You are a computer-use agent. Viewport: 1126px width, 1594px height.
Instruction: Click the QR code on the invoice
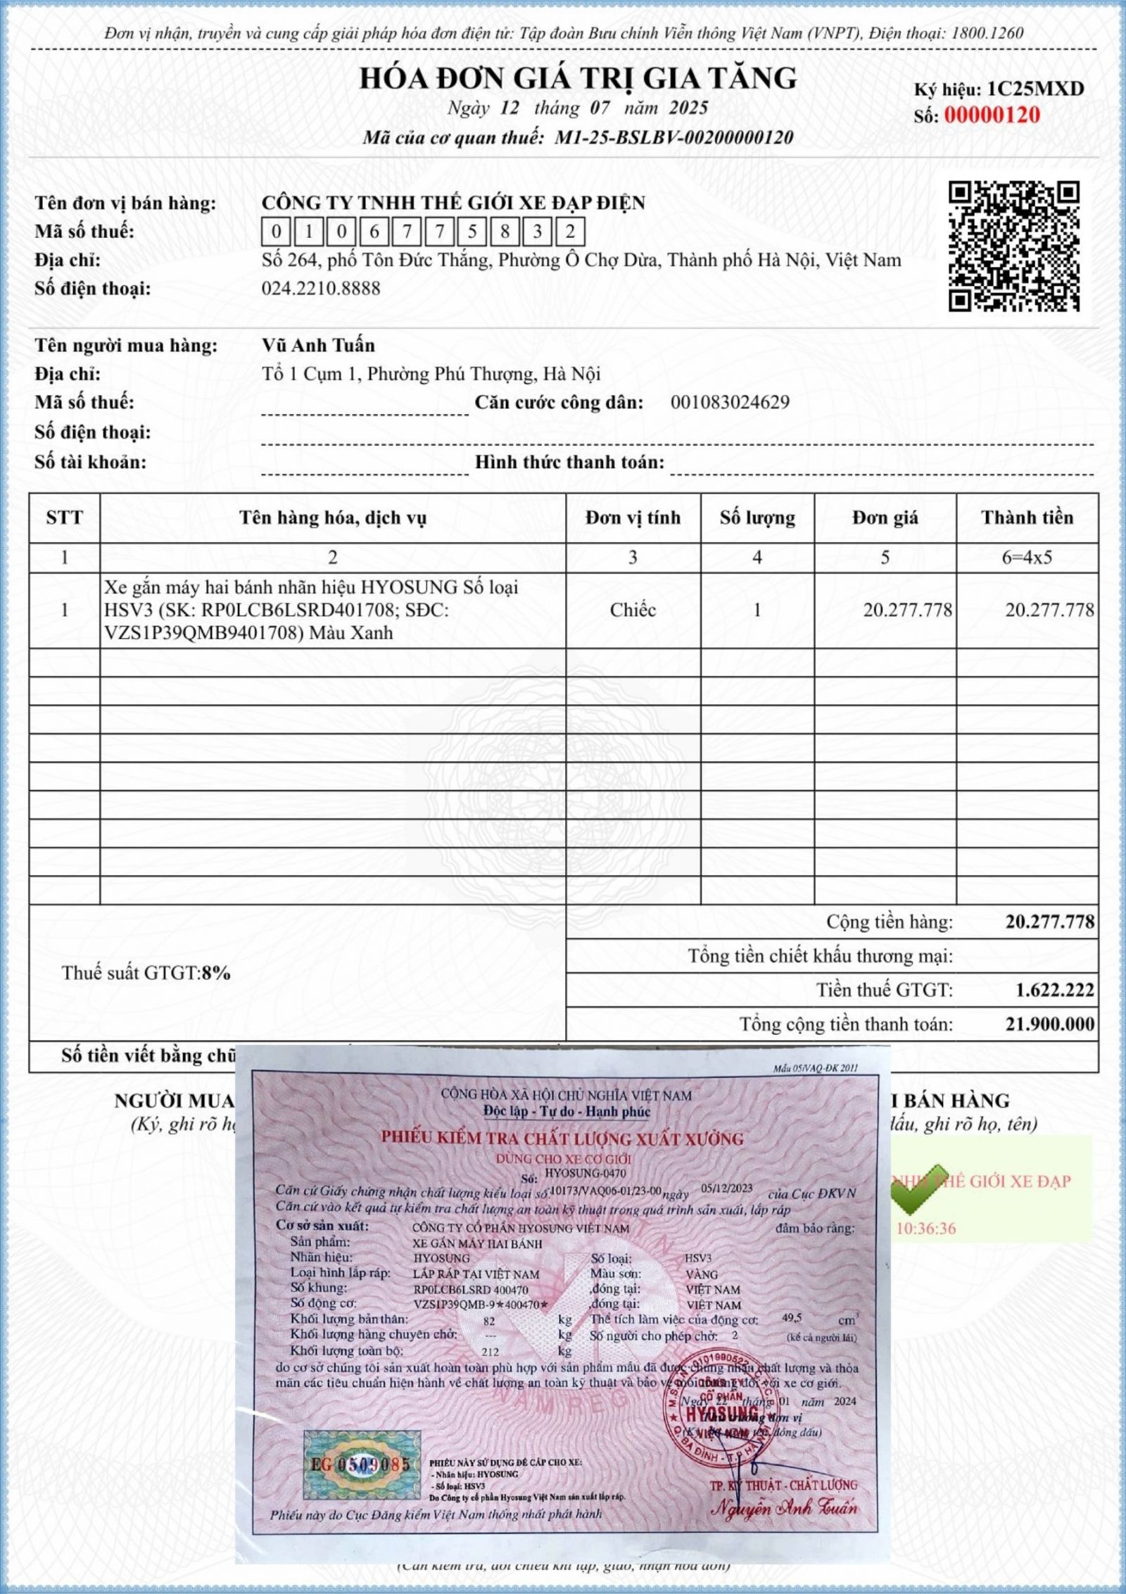(x=1014, y=246)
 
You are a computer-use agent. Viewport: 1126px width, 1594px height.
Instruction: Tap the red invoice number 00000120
(x=992, y=115)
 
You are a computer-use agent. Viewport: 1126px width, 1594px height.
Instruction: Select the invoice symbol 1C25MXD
(x=1035, y=89)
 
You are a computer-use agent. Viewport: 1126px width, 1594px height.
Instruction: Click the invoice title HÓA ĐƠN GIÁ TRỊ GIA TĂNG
(x=578, y=77)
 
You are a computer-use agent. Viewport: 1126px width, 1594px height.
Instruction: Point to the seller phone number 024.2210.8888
(x=321, y=289)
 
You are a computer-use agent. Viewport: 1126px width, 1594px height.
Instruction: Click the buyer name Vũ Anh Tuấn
(x=318, y=346)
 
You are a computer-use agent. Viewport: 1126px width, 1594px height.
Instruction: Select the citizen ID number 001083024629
(x=730, y=403)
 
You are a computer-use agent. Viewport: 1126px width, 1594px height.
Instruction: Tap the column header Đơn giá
(x=885, y=518)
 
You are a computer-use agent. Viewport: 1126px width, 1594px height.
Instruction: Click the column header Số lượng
(x=757, y=518)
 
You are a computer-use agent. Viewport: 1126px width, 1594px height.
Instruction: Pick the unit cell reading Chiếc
(x=633, y=610)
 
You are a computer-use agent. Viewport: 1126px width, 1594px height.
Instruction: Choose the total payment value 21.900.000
(x=1049, y=1024)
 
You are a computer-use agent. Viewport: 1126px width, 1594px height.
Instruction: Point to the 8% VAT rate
(x=216, y=974)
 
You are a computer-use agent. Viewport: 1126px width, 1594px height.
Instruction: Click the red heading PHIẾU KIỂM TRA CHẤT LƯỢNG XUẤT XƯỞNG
(x=562, y=1138)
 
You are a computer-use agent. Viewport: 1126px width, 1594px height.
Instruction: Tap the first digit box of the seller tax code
(x=277, y=232)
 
